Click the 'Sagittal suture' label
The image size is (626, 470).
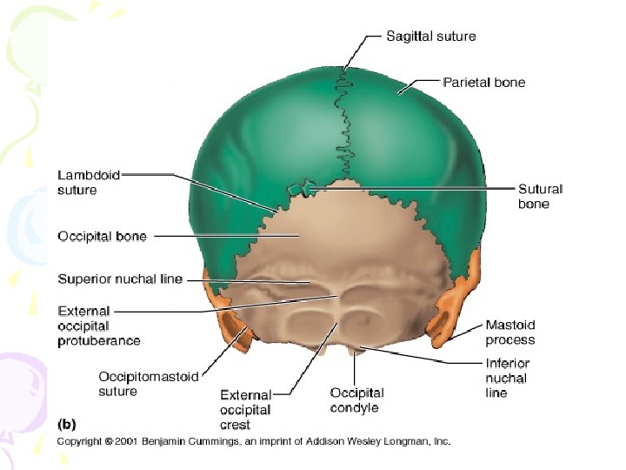click(x=430, y=37)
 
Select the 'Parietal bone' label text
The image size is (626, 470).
click(x=484, y=83)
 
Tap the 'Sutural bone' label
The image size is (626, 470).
click(x=540, y=196)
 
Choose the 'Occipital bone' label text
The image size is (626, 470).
click(x=102, y=236)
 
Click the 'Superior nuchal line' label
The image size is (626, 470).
click(x=120, y=279)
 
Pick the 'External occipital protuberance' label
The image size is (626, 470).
click(x=98, y=325)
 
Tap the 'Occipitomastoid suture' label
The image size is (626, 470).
click(x=148, y=384)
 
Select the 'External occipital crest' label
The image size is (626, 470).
click(x=246, y=410)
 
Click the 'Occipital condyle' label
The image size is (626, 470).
click(x=356, y=400)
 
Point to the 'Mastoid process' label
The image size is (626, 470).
click(x=510, y=333)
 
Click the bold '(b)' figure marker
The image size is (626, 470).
click(x=67, y=425)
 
